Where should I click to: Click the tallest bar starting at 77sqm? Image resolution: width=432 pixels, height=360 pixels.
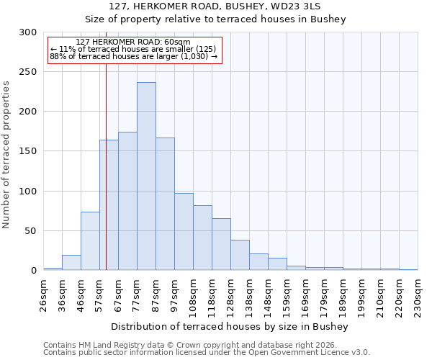[146, 176]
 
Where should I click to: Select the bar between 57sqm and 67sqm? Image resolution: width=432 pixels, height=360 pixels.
[109, 205]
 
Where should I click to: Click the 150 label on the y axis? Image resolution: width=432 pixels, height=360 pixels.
[28, 151]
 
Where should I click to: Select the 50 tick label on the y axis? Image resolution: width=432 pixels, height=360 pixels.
[31, 231]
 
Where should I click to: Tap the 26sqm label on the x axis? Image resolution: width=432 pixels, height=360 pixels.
[43, 294]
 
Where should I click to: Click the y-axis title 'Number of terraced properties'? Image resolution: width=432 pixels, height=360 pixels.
[6, 154]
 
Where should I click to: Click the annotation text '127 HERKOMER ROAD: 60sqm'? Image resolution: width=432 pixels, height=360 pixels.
[132, 42]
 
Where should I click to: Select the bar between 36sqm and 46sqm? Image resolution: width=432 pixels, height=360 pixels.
[71, 263]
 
